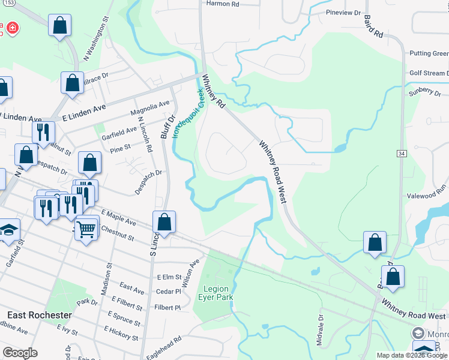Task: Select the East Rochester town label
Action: click(x=40, y=315)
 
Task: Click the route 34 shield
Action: click(x=402, y=154)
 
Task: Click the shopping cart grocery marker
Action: click(x=87, y=229)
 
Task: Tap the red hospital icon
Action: click(x=12, y=28)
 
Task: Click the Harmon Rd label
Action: click(x=223, y=4)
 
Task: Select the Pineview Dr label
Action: click(x=343, y=12)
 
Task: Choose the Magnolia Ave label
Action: click(x=150, y=109)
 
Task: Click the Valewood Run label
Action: click(x=427, y=188)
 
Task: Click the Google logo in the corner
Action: click(x=20, y=353)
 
